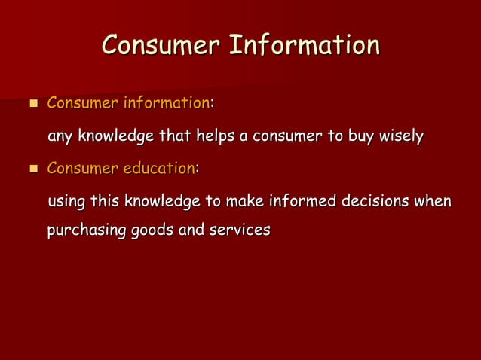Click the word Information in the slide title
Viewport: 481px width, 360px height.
tap(304, 45)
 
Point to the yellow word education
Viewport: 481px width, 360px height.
tap(159, 169)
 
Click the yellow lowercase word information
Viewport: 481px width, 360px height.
tap(166, 102)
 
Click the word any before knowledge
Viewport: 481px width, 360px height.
tap(60, 137)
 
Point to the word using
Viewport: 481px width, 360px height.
tap(66, 203)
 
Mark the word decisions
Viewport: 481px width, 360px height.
tap(378, 202)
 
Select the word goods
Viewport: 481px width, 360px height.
tap(152, 230)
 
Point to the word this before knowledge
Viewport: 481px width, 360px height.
tap(105, 202)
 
